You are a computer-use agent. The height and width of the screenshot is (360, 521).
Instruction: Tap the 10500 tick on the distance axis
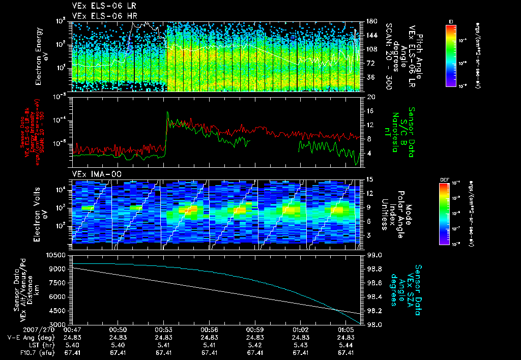coord(56,254)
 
